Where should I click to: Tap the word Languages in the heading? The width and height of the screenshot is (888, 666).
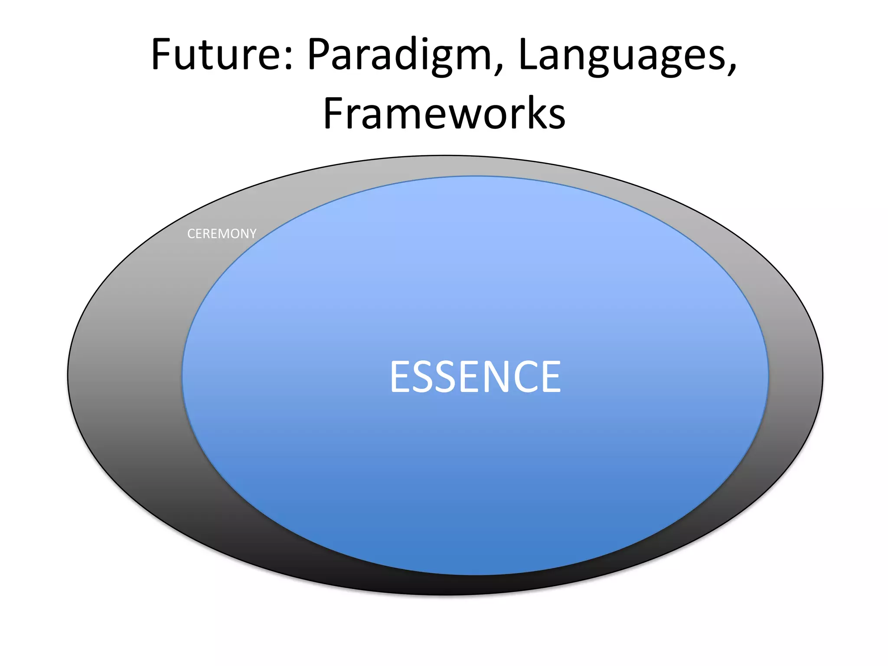pyautogui.click(x=621, y=55)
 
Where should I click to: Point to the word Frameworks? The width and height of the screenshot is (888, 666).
pyautogui.click(x=444, y=114)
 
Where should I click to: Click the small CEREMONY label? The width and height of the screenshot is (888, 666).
pyautogui.click(x=222, y=234)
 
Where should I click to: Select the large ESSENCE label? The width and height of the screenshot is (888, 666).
pyautogui.click(x=475, y=377)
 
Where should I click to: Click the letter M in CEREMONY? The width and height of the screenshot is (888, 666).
pyautogui.click(x=224, y=234)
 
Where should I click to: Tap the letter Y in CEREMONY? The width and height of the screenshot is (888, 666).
pyautogui.click(x=252, y=234)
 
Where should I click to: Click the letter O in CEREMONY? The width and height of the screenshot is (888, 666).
pyautogui.click(x=234, y=234)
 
